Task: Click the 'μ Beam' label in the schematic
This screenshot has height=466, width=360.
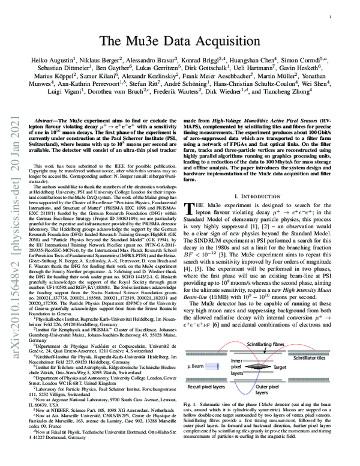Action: [x=202, y=365]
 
